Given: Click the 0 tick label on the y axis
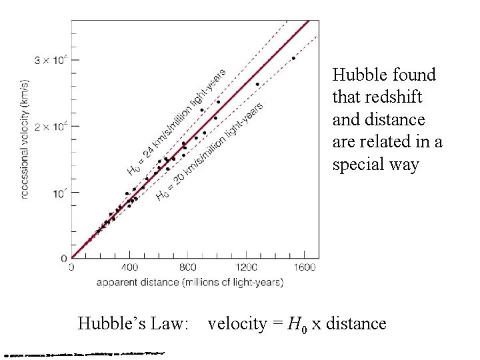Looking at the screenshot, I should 63,259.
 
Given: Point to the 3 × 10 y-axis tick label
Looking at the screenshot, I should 50,60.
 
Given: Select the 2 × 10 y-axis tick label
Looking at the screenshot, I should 50,126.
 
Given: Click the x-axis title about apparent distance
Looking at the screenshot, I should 189,282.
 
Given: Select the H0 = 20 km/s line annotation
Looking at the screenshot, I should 209,150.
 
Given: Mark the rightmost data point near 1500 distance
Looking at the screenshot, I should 293,58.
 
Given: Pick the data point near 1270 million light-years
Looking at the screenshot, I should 257,84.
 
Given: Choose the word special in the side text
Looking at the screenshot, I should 360,165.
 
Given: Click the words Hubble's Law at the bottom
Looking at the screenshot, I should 134,324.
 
